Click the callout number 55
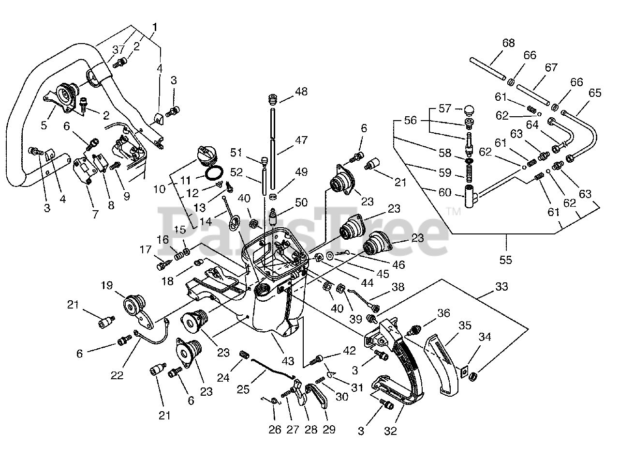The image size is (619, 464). pos(505,260)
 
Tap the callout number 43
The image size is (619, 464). pos(288,361)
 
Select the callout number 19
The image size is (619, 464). pos(106,285)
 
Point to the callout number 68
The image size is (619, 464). pos(508,43)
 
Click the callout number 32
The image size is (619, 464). pos(390,431)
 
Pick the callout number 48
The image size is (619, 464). pos(301,92)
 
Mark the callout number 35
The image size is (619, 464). pos(465,325)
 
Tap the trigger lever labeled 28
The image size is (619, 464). pos(301,393)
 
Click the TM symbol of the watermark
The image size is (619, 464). pos(454,212)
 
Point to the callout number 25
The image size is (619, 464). pos(243,390)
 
